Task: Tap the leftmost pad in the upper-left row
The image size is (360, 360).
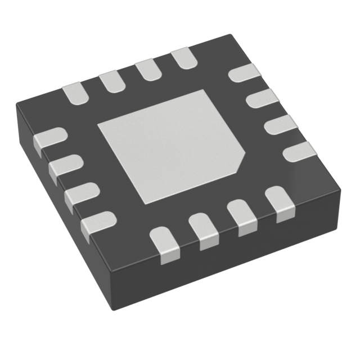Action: (75, 94)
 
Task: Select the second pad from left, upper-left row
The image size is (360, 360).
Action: (111, 82)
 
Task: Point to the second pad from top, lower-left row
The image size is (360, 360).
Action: (65, 168)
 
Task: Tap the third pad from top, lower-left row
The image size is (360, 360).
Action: (81, 196)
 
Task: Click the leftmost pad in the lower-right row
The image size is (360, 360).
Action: (166, 244)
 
